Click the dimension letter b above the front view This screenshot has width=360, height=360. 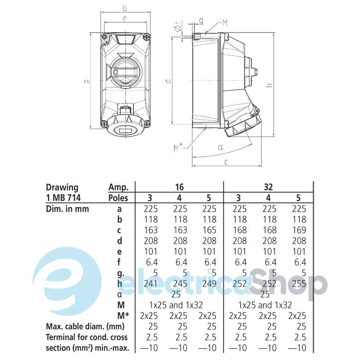coord(125,8)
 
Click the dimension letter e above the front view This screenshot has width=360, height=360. coord(125,18)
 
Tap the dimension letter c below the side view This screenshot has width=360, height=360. coord(226,162)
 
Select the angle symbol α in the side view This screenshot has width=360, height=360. coord(221,147)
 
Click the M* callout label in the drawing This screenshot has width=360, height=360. coord(178,148)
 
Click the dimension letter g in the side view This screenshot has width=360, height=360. coord(201,21)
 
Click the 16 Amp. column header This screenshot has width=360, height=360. coord(179,187)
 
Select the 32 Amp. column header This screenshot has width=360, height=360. coord(268,187)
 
